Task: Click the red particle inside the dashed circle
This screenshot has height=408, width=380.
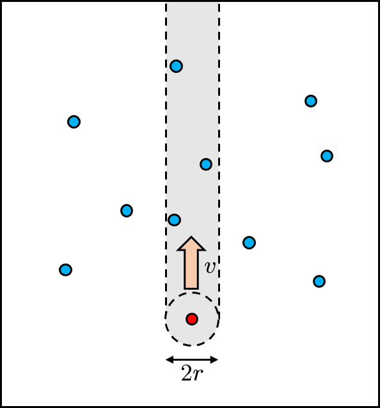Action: click(192, 319)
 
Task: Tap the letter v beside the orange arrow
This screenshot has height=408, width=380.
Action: click(210, 267)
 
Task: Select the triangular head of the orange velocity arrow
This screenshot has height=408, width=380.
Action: click(191, 244)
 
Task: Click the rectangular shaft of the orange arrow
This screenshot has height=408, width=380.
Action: click(191, 270)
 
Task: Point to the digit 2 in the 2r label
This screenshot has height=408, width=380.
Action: click(186, 373)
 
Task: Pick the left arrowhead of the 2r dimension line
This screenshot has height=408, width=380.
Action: click(170, 359)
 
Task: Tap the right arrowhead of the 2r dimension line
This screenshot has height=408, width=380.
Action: click(214, 359)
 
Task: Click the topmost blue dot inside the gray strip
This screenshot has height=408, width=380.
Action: click(176, 66)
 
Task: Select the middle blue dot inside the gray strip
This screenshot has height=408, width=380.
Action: click(206, 164)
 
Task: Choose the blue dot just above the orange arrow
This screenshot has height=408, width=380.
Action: click(175, 220)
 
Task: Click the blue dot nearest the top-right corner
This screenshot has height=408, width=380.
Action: click(311, 101)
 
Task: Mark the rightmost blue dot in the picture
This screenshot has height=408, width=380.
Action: click(327, 156)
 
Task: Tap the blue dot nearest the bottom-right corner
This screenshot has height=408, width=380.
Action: click(319, 281)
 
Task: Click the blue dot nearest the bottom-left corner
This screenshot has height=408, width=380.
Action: click(66, 270)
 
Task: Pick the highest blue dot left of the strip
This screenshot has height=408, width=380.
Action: click(74, 122)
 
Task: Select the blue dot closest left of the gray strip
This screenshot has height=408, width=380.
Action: click(127, 210)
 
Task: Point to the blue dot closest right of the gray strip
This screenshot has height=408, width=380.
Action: click(249, 243)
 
